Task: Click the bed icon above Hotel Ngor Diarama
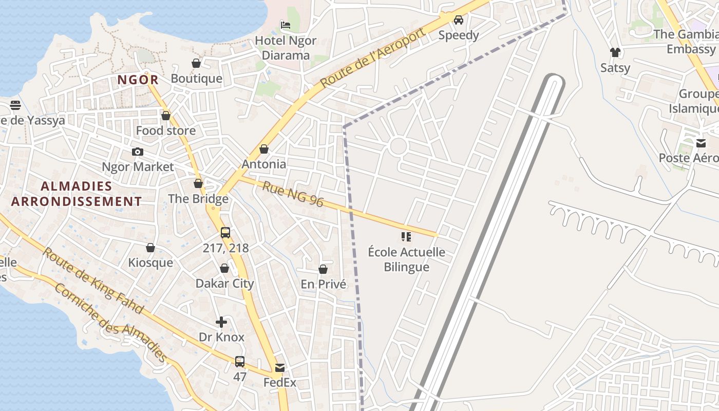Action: [x=286, y=25]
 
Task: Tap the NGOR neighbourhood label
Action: [x=138, y=80]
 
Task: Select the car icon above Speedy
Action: [x=459, y=20]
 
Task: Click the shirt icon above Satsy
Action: [x=615, y=52]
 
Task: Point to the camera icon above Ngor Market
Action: [x=138, y=152]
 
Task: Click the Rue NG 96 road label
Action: [x=293, y=194]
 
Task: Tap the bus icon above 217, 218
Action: [x=225, y=233]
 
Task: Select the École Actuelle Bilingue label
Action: [x=407, y=259]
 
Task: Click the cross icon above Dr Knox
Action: [x=221, y=322]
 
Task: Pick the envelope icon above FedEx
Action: [x=280, y=368]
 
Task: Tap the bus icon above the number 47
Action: [x=240, y=361]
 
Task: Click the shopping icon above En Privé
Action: [x=323, y=269]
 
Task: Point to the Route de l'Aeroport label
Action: [x=373, y=58]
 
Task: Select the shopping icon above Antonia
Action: [x=264, y=149]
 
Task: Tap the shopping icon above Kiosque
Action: [x=150, y=248]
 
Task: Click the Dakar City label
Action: [x=225, y=283]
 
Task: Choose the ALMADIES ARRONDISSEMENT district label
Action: [x=76, y=194]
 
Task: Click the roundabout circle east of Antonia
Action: [x=399, y=146]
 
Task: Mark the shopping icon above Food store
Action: [x=166, y=116]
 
